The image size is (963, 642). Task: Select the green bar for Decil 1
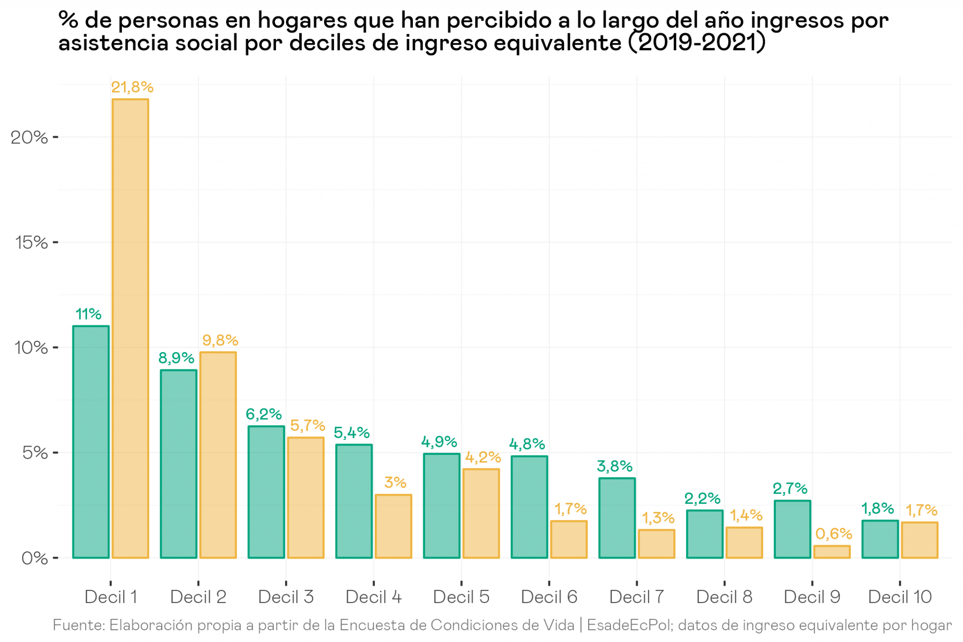pyautogui.click(x=91, y=442)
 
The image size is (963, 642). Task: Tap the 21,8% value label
pyautogui.click(x=132, y=87)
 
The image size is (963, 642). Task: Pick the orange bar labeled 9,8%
pyautogui.click(x=218, y=455)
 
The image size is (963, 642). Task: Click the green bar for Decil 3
pyautogui.click(x=266, y=492)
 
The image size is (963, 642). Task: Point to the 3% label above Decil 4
pyautogui.click(x=395, y=483)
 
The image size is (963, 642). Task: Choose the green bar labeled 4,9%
pyautogui.click(x=442, y=506)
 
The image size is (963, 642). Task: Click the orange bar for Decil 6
pyautogui.click(x=569, y=540)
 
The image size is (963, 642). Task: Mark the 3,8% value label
pyautogui.click(x=615, y=466)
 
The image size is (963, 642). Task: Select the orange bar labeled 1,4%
pyautogui.click(x=744, y=543)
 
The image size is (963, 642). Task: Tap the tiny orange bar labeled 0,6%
pyautogui.click(x=832, y=552)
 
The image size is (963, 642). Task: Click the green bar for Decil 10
pyautogui.click(x=880, y=539)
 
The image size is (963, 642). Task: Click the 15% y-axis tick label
pyautogui.click(x=31, y=243)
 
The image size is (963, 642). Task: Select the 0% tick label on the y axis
pyautogui.click(x=34, y=558)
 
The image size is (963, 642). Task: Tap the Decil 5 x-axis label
pyautogui.click(x=461, y=597)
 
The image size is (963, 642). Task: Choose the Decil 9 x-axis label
pyautogui.click(x=812, y=597)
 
